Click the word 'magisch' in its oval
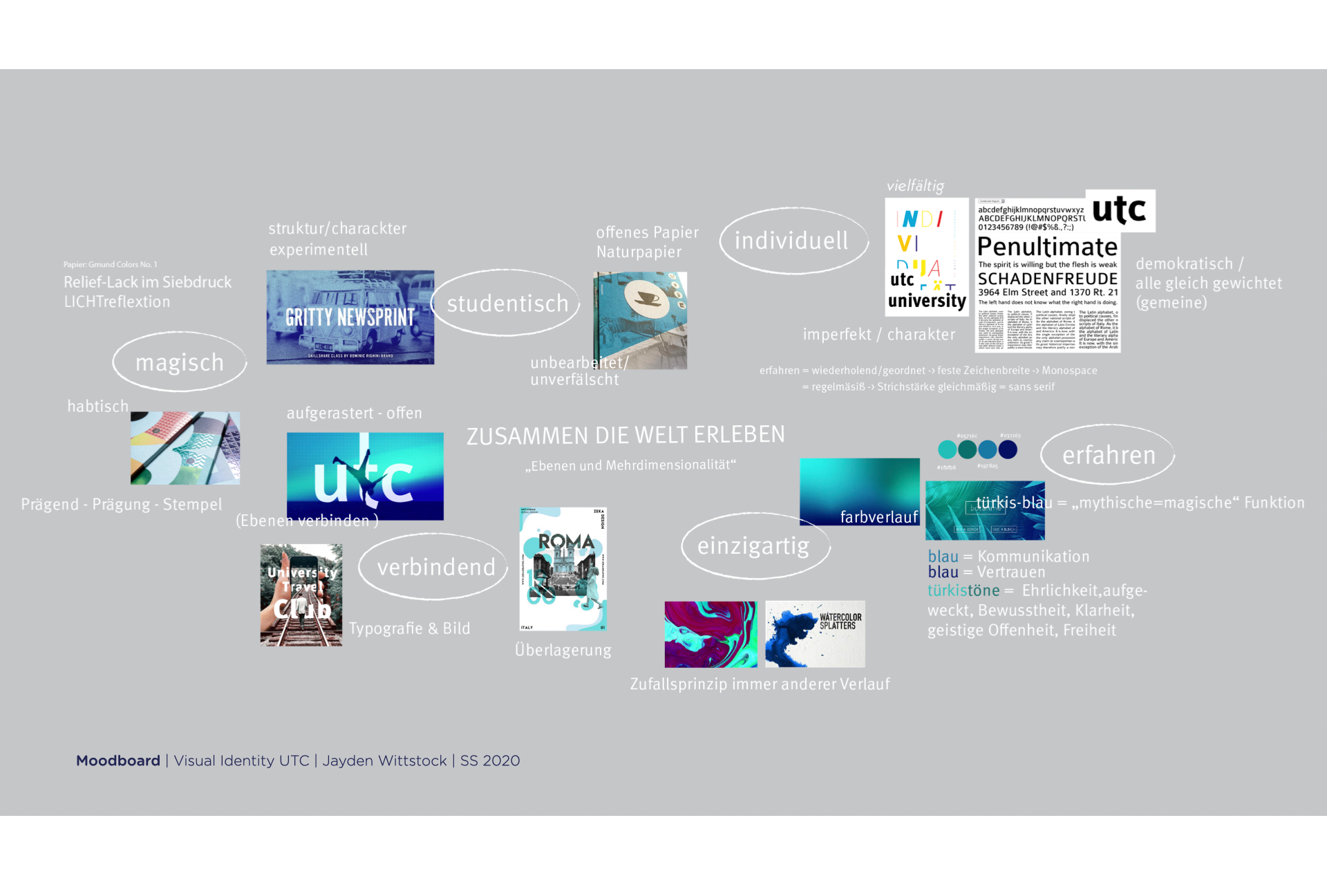180,363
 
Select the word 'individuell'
791,241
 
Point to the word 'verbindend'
436,568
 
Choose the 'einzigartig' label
753,546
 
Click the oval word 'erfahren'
1109,456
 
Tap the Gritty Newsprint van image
350,317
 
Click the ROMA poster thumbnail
563,569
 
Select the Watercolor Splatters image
815,634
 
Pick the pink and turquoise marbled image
710,634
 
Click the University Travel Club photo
301,595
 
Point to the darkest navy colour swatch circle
1008,449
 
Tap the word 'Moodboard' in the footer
118,761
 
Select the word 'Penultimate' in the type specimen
1047,247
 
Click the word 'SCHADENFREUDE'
1048,279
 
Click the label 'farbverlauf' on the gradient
878,517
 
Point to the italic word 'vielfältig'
915,186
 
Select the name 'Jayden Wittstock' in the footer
384,761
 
